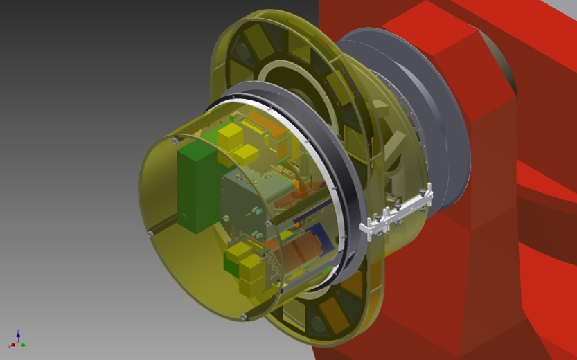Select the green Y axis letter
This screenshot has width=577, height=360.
(24, 344)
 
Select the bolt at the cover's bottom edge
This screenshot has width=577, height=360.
(242, 316)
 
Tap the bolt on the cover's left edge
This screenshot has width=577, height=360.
(150, 234)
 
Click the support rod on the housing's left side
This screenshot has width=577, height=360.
(161, 225)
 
